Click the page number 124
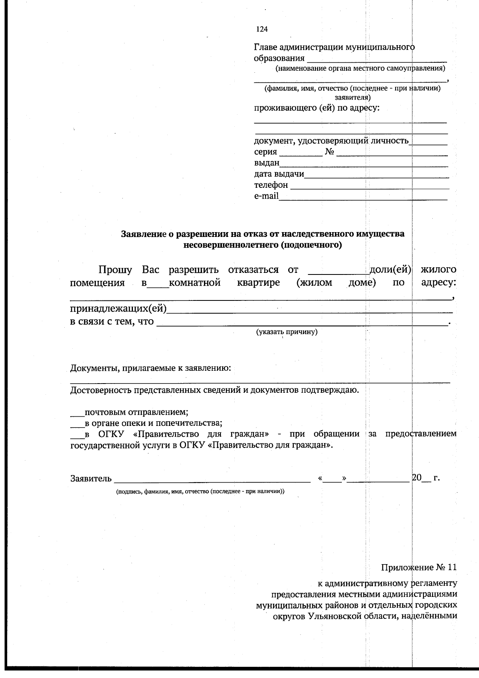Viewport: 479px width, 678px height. coord(262,29)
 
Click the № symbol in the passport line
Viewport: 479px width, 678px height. coord(329,152)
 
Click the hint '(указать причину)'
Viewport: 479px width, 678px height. coord(287,332)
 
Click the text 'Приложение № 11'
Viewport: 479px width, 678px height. coord(418,567)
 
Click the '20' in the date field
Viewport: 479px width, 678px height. coord(416,478)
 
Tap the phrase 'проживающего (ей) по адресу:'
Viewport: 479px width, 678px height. coord(317,108)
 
